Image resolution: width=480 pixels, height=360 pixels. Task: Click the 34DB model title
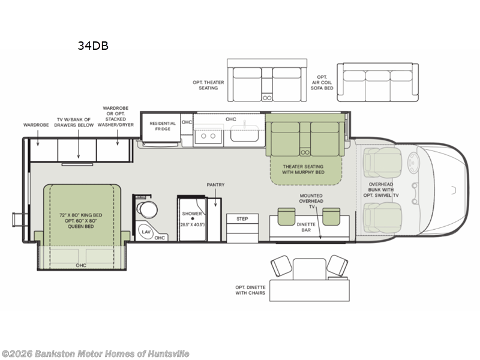(x=93, y=46)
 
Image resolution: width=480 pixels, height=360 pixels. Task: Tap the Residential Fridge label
(x=163, y=126)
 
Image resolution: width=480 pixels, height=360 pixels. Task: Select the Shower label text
(x=192, y=214)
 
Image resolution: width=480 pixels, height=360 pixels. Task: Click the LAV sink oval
(x=146, y=232)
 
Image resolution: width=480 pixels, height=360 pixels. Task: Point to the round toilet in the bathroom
(x=147, y=209)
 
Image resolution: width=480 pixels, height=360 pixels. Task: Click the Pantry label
(x=215, y=185)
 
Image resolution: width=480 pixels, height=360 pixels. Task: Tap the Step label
(x=242, y=219)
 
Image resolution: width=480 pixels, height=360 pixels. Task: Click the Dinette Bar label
(x=306, y=227)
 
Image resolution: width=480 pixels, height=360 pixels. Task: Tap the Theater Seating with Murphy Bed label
(x=303, y=169)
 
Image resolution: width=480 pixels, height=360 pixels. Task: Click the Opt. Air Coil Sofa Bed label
(x=322, y=83)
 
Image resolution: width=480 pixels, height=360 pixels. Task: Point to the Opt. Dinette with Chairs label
(x=250, y=290)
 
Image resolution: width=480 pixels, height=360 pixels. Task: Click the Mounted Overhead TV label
(x=311, y=201)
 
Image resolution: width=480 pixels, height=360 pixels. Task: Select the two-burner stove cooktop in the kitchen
(x=208, y=136)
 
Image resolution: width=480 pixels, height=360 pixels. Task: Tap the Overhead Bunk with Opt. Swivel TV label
(x=381, y=190)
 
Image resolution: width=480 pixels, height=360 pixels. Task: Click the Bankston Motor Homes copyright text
(x=95, y=354)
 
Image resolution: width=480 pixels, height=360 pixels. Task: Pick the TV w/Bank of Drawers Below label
(x=74, y=122)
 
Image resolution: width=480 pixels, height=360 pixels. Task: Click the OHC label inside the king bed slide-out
(x=81, y=265)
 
